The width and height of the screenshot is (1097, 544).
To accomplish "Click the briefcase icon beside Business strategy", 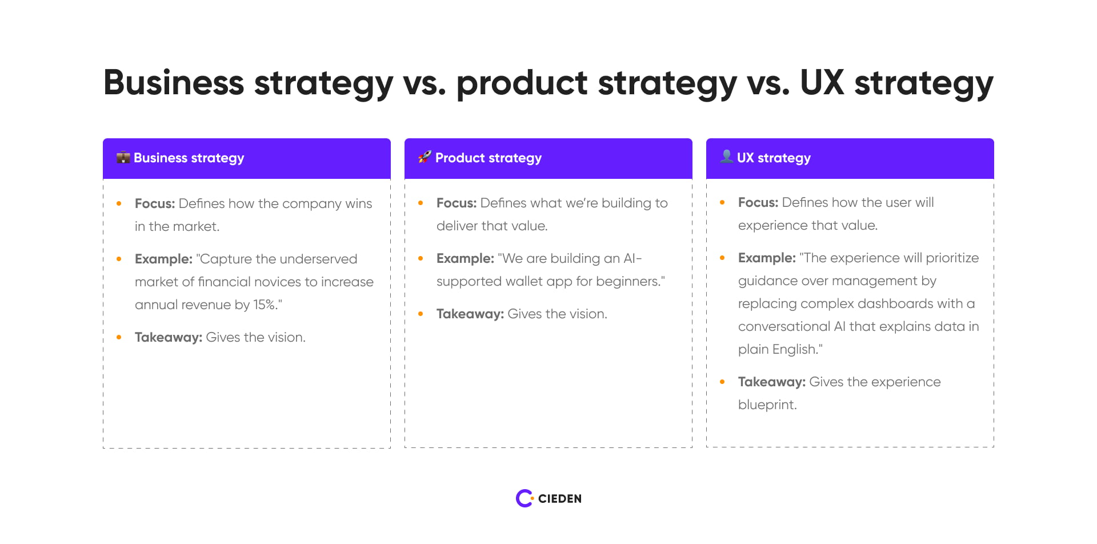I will pyautogui.click(x=123, y=158).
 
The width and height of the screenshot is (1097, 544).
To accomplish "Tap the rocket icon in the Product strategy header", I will pyautogui.click(x=425, y=157).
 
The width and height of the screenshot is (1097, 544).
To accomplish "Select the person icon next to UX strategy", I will pyautogui.click(x=726, y=157).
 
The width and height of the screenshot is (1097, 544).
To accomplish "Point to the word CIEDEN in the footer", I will pyautogui.click(x=559, y=499).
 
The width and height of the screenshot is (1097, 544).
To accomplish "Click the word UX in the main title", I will pyautogui.click(x=822, y=83).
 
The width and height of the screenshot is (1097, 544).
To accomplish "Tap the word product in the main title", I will pyautogui.click(x=522, y=83).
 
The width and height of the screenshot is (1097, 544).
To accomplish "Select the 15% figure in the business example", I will pyautogui.click(x=265, y=305).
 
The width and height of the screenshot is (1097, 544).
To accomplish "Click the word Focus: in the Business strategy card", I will pyautogui.click(x=154, y=203).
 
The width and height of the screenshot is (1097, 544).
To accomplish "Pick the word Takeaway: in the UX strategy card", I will pyautogui.click(x=771, y=382).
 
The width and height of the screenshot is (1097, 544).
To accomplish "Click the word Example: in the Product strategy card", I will pyautogui.click(x=465, y=258).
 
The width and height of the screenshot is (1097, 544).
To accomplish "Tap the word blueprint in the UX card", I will pyautogui.click(x=766, y=405).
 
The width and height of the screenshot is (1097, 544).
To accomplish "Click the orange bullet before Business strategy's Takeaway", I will pyautogui.click(x=119, y=337).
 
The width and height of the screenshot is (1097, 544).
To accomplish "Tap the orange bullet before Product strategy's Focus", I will pyautogui.click(x=421, y=203).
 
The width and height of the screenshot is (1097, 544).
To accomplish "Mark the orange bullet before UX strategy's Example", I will pyautogui.click(x=722, y=258).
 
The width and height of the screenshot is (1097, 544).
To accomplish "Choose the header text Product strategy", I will pyautogui.click(x=488, y=158).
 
